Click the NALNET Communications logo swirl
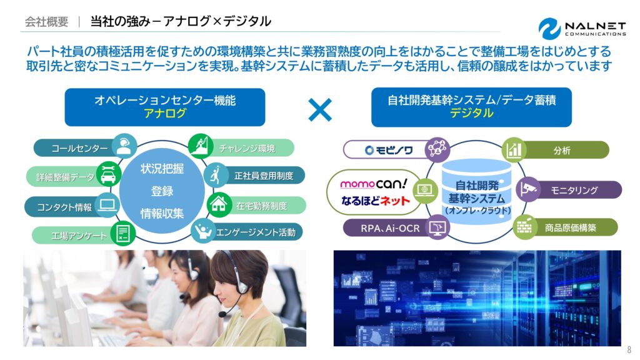(549, 29)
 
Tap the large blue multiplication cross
(320, 110)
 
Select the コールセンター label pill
(74, 147)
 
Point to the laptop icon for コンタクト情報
(107, 205)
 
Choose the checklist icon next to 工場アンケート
(123, 233)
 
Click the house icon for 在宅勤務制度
(219, 204)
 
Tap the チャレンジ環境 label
(247, 148)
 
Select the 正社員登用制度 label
(264, 176)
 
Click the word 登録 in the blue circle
(162, 191)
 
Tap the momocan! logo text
(374, 184)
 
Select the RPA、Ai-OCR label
(390, 229)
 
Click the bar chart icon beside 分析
(514, 150)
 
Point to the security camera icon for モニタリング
(528, 189)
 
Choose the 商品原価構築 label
(570, 227)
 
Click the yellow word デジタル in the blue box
(471, 113)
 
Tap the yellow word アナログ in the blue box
(165, 113)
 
